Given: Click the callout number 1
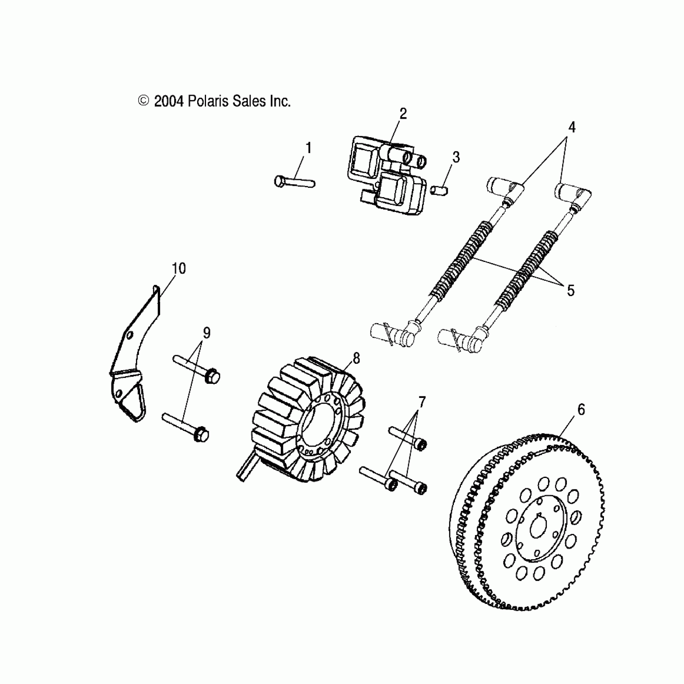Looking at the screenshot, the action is click(x=309, y=148).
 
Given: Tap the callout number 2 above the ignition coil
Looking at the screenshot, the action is click(x=403, y=114).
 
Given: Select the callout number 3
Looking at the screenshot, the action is click(x=455, y=157).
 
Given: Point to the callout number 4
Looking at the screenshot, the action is click(x=572, y=128).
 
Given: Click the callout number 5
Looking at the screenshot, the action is click(x=571, y=290).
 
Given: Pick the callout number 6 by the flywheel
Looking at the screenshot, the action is click(x=581, y=410).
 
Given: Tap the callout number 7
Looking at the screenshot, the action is click(x=422, y=402).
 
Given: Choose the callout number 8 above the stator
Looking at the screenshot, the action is click(x=356, y=358).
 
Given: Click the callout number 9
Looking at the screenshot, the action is click(x=206, y=333).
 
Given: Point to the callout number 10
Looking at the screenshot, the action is click(x=179, y=268).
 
